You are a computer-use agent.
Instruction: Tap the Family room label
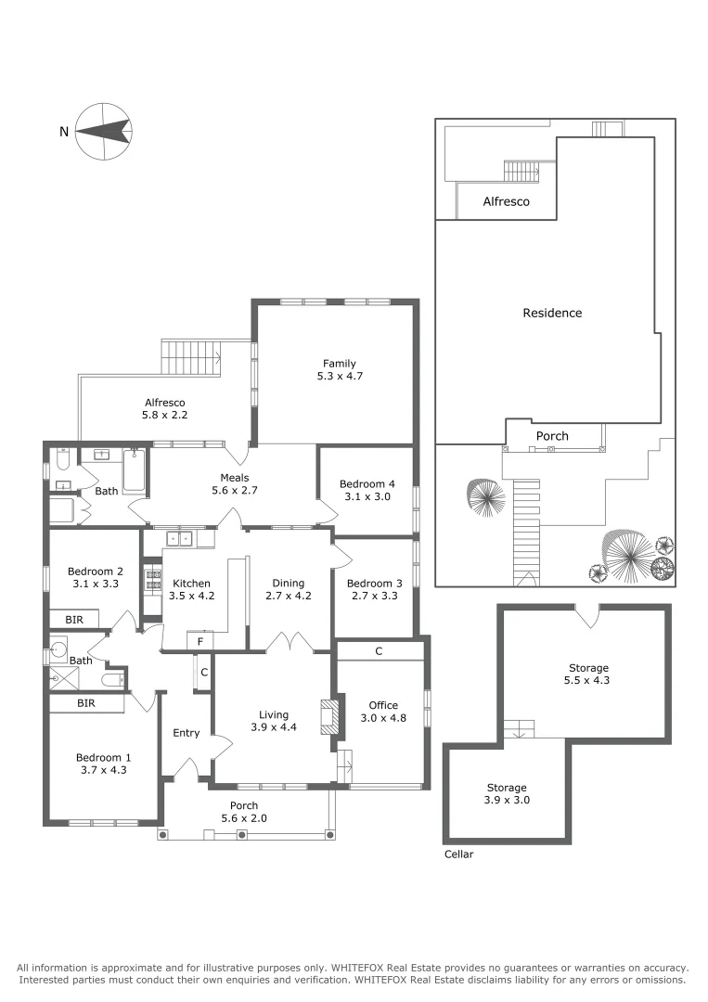tap(339, 364)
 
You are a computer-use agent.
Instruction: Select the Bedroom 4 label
tap(367, 484)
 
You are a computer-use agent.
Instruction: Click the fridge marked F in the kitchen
tap(200, 641)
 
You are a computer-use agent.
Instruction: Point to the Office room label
tap(383, 705)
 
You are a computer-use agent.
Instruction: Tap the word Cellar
tap(458, 854)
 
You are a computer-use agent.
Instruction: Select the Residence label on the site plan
tap(552, 313)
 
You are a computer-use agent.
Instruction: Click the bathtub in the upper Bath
tap(135, 469)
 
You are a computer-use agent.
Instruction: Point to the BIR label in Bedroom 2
tap(74, 619)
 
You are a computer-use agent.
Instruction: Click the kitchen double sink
tap(179, 537)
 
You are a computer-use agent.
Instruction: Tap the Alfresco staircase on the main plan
tap(192, 356)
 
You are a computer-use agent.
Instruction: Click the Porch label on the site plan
tap(552, 436)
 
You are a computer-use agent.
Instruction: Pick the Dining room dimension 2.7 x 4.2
tap(289, 596)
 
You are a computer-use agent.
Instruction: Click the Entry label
tap(187, 733)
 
